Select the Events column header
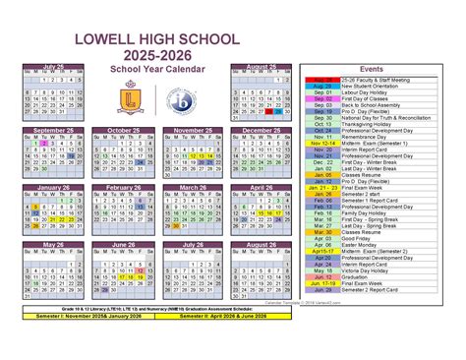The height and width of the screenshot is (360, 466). [x=372, y=70]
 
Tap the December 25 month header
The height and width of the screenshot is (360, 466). [x=262, y=129]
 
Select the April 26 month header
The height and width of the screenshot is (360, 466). [x=262, y=187]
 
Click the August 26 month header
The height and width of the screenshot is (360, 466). [x=262, y=245]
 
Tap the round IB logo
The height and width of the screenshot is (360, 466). [x=180, y=101]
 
